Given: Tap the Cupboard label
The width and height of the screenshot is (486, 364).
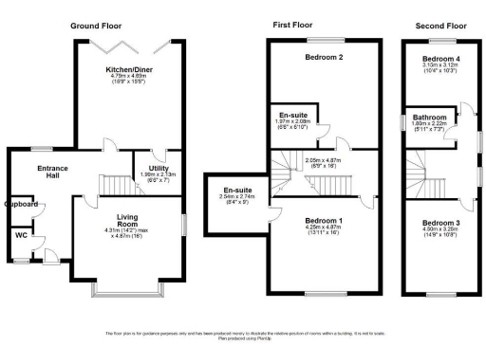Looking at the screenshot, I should (x=21, y=204).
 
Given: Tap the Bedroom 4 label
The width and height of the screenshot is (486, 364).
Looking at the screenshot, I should (x=439, y=59).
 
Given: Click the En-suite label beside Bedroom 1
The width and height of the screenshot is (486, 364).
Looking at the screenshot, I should (x=235, y=191).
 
